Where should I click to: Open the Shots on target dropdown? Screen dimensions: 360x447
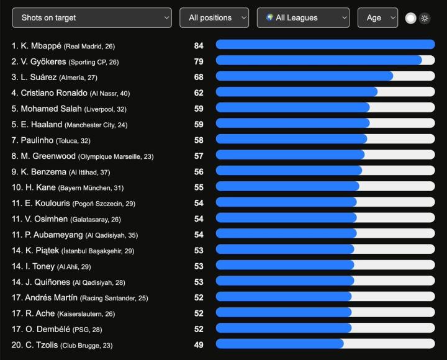click(x=92, y=17)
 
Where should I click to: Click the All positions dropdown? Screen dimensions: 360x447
click(x=214, y=17)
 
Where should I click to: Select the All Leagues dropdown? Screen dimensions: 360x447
click(x=303, y=17)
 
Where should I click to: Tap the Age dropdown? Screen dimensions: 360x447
click(x=377, y=17)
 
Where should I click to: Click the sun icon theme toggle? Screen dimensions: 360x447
click(x=425, y=18)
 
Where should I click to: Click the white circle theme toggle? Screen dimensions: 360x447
click(x=410, y=18)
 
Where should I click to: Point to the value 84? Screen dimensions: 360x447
click(x=199, y=45)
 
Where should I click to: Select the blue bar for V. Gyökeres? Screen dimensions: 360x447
click(x=318, y=60)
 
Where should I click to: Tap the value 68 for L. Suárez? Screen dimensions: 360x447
click(x=199, y=77)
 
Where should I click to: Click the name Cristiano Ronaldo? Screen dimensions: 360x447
click(x=54, y=92)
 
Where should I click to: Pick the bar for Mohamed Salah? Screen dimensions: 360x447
click(x=292, y=107)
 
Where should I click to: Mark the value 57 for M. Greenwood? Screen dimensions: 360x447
click(x=199, y=156)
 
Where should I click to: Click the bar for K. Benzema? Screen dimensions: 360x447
click(x=289, y=171)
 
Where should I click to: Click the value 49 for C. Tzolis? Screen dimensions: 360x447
click(x=199, y=344)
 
